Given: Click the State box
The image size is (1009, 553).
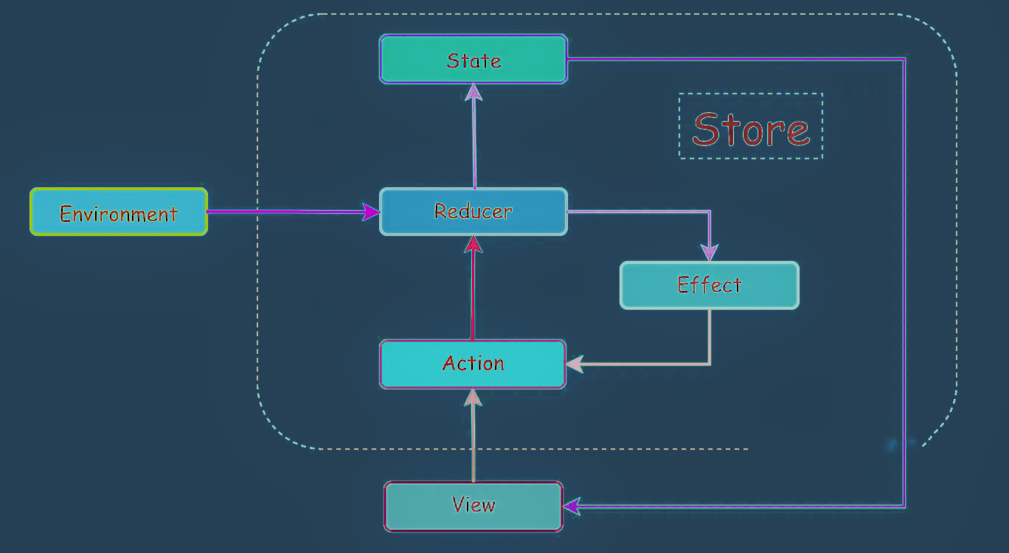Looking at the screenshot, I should pos(473,59).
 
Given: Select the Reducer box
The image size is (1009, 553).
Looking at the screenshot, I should pos(473,212).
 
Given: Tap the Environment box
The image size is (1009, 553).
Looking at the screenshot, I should pos(119,212).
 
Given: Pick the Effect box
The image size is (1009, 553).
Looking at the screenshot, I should pos(709,285).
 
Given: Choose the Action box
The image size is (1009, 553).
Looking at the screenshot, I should pos(473,364).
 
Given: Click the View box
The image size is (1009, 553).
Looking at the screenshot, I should pos(473,506).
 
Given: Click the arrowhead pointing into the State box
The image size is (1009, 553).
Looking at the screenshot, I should pos(474,92).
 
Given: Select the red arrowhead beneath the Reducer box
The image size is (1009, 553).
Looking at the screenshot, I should pos(474,245).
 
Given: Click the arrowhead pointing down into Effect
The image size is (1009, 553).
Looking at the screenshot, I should pos(709,253).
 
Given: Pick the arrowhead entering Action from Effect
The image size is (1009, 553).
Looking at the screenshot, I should pos(575,364).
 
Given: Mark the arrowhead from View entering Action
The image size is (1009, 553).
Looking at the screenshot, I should pos(474,397).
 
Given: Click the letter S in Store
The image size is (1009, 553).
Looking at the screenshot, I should pos(706,128).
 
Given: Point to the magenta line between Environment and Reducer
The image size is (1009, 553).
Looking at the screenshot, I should pos(288,212).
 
